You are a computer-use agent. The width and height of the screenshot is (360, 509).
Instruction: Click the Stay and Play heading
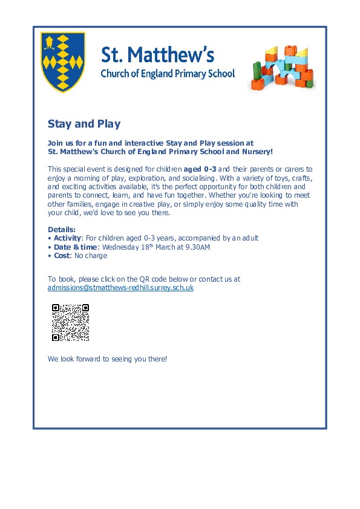[84, 124]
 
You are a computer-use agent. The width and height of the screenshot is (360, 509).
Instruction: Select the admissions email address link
[120, 288]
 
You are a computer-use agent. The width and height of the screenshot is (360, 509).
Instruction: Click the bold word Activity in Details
[67, 238]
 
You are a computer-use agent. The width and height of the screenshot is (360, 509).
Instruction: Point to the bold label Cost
[61, 256]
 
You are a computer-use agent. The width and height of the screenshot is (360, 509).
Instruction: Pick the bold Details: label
[62, 230]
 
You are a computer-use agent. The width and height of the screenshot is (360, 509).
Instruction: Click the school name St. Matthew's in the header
[157, 56]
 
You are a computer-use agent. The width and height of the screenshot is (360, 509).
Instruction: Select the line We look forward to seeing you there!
[107, 358]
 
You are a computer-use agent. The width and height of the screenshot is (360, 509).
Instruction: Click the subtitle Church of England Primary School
[167, 74]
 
